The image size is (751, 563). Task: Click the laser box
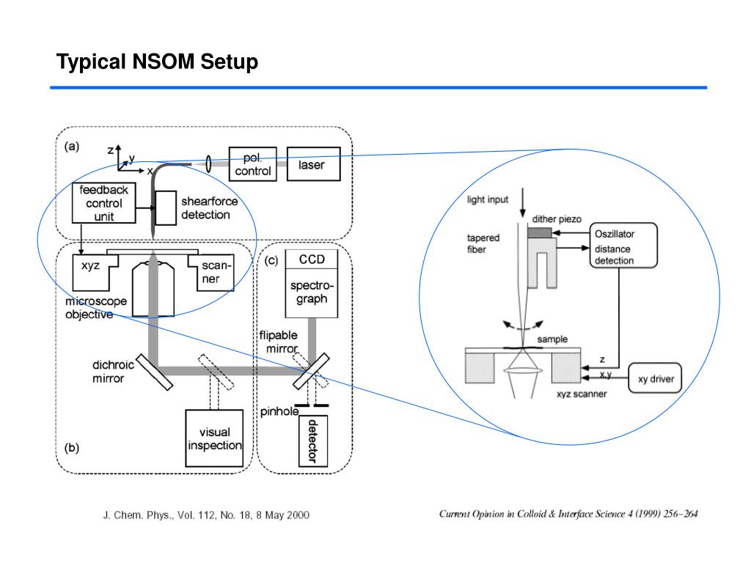point(313,166)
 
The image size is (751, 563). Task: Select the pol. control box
point(252,165)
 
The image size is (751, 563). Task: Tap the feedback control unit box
point(103,203)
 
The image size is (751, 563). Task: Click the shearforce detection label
point(205,208)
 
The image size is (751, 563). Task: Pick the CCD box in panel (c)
point(312,260)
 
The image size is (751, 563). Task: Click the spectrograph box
point(312,292)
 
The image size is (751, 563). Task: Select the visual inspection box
point(214,438)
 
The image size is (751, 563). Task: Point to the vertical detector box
point(312,441)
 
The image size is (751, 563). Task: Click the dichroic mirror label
point(109,372)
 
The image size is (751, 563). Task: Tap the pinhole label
point(279,411)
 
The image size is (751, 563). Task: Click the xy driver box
point(656,380)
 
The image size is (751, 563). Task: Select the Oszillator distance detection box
point(623,247)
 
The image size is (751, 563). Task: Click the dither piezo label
point(557,219)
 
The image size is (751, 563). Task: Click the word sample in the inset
point(552,339)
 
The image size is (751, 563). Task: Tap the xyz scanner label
point(581,394)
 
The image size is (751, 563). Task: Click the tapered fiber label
point(483,243)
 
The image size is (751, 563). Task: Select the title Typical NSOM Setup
point(158,62)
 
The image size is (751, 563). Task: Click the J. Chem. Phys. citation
point(205,515)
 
